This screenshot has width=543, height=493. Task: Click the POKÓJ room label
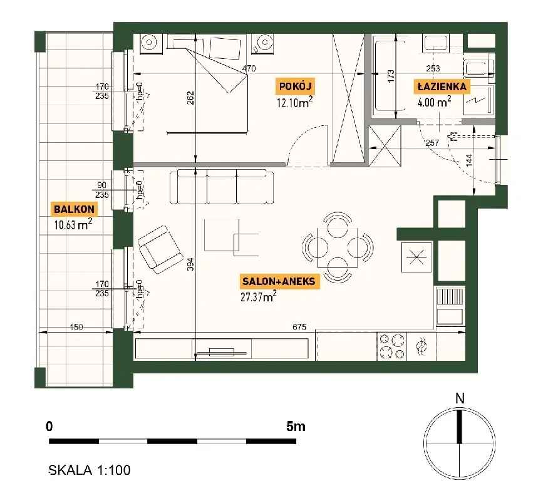pos(296,86)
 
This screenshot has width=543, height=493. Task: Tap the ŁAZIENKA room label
pos(442,86)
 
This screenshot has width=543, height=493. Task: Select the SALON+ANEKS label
pos(279,281)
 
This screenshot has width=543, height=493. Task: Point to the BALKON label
pos(74,209)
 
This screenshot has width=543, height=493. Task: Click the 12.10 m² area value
pos(294,102)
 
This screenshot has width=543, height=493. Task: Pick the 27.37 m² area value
pos(258,296)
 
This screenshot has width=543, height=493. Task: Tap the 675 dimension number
pos(299,327)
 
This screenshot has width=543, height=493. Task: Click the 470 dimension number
pos(249,69)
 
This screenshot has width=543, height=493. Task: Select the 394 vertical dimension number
pos(190,264)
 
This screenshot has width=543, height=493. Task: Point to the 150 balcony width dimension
pos(76,327)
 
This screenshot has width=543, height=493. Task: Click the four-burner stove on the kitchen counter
pos(391,346)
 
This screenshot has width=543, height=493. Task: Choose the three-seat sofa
pos(222,187)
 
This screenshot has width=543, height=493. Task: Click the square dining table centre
pos(338,247)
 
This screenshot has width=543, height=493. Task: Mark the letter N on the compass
pos(460,399)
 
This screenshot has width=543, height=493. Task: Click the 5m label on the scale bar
pos(296,426)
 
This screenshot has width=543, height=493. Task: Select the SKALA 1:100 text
pos(90,470)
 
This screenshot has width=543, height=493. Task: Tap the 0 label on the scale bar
pos(49,426)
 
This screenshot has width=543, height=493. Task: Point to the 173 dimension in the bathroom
pos(391,76)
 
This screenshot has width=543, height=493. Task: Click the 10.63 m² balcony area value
pos(73,224)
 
